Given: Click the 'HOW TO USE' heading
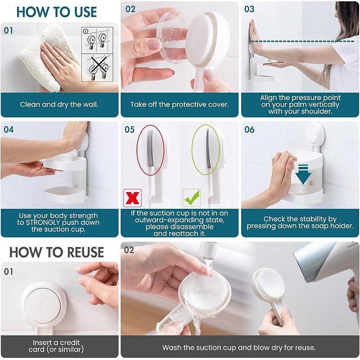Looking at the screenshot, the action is [x=57, y=12].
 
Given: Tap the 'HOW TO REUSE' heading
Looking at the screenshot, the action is [x=57, y=252].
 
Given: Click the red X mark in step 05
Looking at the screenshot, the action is [x=132, y=198].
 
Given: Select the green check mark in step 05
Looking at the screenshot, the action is [x=192, y=198].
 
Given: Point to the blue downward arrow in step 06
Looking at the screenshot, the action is [x=303, y=174].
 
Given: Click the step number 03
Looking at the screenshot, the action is [x=249, y=9].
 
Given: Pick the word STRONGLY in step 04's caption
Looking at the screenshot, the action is [x=43, y=222].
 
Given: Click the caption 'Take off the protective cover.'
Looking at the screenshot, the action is [x=180, y=104].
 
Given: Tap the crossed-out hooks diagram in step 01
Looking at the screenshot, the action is [x=97, y=68].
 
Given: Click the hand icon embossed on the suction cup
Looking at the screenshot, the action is [x=43, y=304].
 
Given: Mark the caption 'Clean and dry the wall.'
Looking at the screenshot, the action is [x=59, y=104].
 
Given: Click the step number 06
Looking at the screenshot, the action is [x=249, y=130].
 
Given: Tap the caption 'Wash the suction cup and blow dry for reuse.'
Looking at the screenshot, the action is [x=239, y=347].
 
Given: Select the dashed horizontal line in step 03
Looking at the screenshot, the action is [x=302, y=41].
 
